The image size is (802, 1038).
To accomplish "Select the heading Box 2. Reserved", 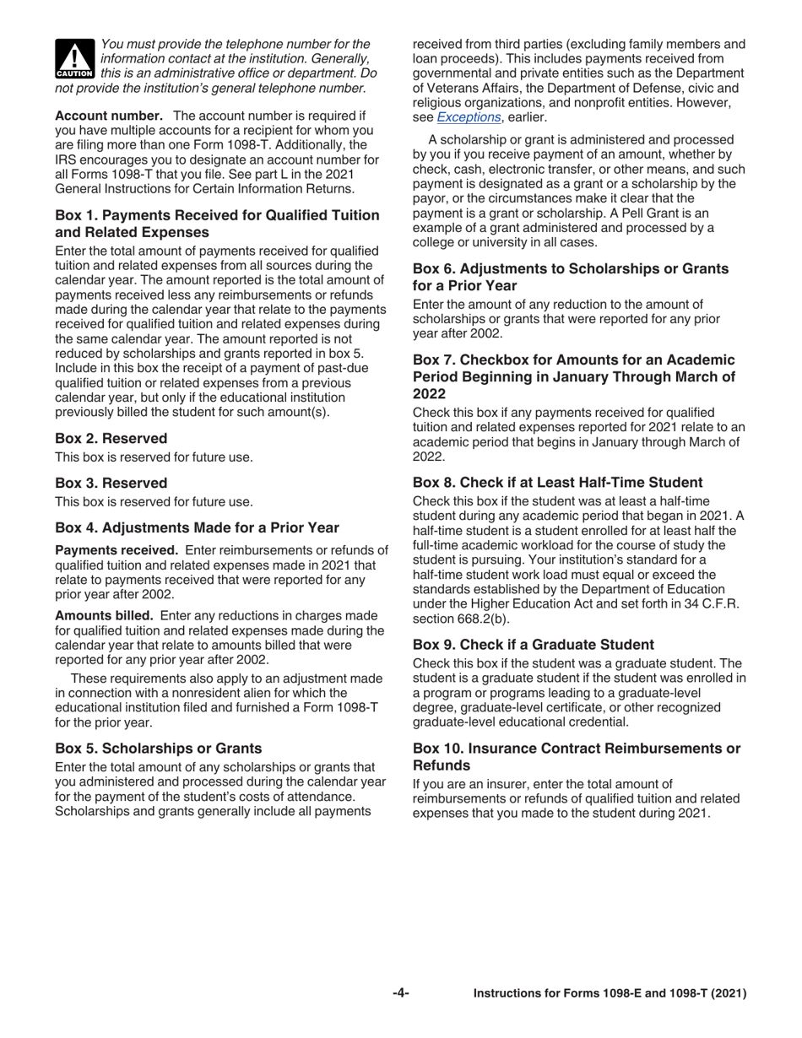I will pyautogui.click(x=111, y=439).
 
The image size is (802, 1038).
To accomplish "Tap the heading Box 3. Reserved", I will pyautogui.click(x=111, y=484).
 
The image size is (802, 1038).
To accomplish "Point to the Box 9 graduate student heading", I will pyautogui.click(x=533, y=645).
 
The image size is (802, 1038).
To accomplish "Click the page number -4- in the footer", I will pyautogui.click(x=401, y=993).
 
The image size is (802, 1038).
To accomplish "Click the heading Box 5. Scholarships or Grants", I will pyautogui.click(x=158, y=749).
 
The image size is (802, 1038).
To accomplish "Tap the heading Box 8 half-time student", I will pyautogui.click(x=557, y=483).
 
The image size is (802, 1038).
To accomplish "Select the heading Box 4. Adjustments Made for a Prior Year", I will pyautogui.click(x=197, y=528).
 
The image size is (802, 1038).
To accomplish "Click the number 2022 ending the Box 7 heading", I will pyautogui.click(x=429, y=394).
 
